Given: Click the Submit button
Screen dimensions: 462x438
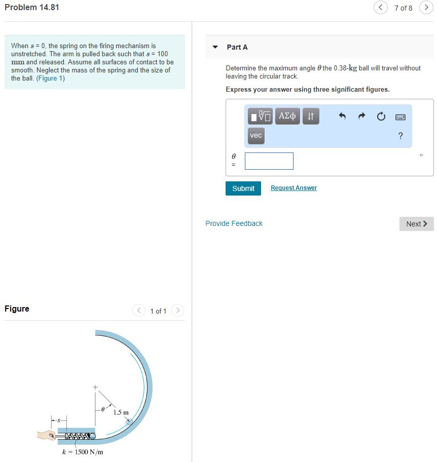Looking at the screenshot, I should [243, 188].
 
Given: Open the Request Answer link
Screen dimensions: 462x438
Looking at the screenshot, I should [294, 188].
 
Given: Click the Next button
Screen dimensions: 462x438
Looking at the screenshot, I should [416, 224].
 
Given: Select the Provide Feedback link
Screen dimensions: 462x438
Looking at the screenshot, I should [234, 223].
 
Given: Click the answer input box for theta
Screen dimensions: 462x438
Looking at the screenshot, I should [269, 161].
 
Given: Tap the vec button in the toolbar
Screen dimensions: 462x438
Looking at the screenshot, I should [256, 135].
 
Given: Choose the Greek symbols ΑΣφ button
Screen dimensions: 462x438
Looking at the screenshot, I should [287, 116].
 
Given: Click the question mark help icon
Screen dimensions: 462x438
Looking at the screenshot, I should [400, 136].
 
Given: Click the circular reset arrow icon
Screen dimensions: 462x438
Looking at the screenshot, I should [381, 117].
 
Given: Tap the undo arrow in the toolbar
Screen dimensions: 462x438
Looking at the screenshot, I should [342, 117].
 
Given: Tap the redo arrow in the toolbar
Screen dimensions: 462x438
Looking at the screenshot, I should [361, 117].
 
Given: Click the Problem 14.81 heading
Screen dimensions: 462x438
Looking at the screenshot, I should [32, 8].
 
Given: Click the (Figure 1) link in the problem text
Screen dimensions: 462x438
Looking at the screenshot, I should [50, 79].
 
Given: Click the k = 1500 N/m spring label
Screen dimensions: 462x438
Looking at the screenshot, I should [82, 452].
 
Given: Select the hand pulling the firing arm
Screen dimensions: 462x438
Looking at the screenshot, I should [47, 435].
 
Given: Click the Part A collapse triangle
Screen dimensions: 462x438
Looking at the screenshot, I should [215, 47].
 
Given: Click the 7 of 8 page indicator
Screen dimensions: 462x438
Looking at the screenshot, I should [403, 8].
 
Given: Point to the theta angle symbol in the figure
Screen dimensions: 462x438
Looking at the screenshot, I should [103, 407].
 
